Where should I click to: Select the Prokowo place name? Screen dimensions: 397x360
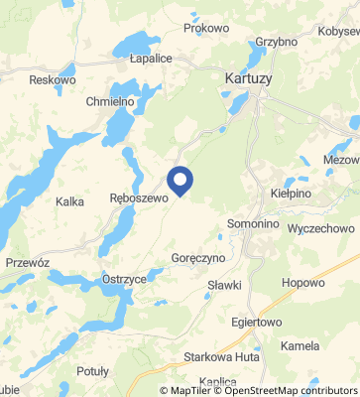click(x=206, y=29)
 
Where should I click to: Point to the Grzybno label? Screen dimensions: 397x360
click(x=276, y=43)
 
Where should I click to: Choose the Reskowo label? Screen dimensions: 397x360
click(x=53, y=79)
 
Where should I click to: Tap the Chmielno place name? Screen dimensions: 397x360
click(x=110, y=102)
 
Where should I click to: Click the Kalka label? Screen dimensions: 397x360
click(x=70, y=201)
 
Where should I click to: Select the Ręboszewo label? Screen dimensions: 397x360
click(x=135, y=198)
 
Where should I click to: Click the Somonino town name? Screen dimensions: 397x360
click(x=254, y=224)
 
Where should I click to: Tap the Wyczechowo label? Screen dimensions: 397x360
click(x=320, y=228)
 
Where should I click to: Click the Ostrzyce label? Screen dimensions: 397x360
click(x=124, y=281)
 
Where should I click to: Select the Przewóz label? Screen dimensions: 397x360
click(x=27, y=262)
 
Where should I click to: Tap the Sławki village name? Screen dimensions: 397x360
click(x=225, y=286)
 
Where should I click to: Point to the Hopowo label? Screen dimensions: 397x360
click(x=303, y=283)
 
